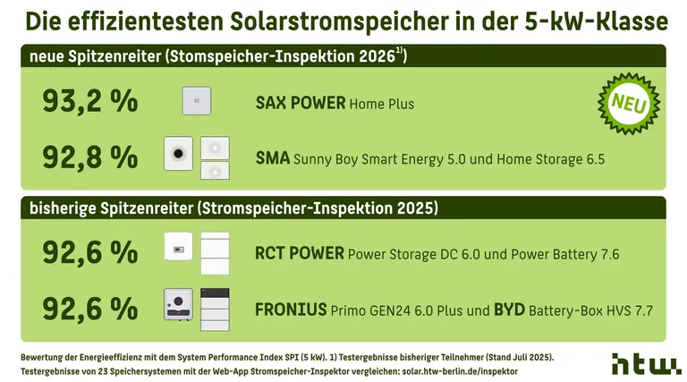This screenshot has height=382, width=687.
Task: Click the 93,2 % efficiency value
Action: (89, 102)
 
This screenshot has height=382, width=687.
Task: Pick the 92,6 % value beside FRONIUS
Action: (89, 310)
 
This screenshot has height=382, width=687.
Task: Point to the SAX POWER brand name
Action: (300, 103)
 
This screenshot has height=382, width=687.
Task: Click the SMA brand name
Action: (272, 159)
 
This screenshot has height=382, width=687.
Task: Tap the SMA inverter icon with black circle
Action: (180, 155)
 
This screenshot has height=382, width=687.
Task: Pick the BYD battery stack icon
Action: (215, 305)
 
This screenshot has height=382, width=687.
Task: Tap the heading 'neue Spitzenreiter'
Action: (94, 56)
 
